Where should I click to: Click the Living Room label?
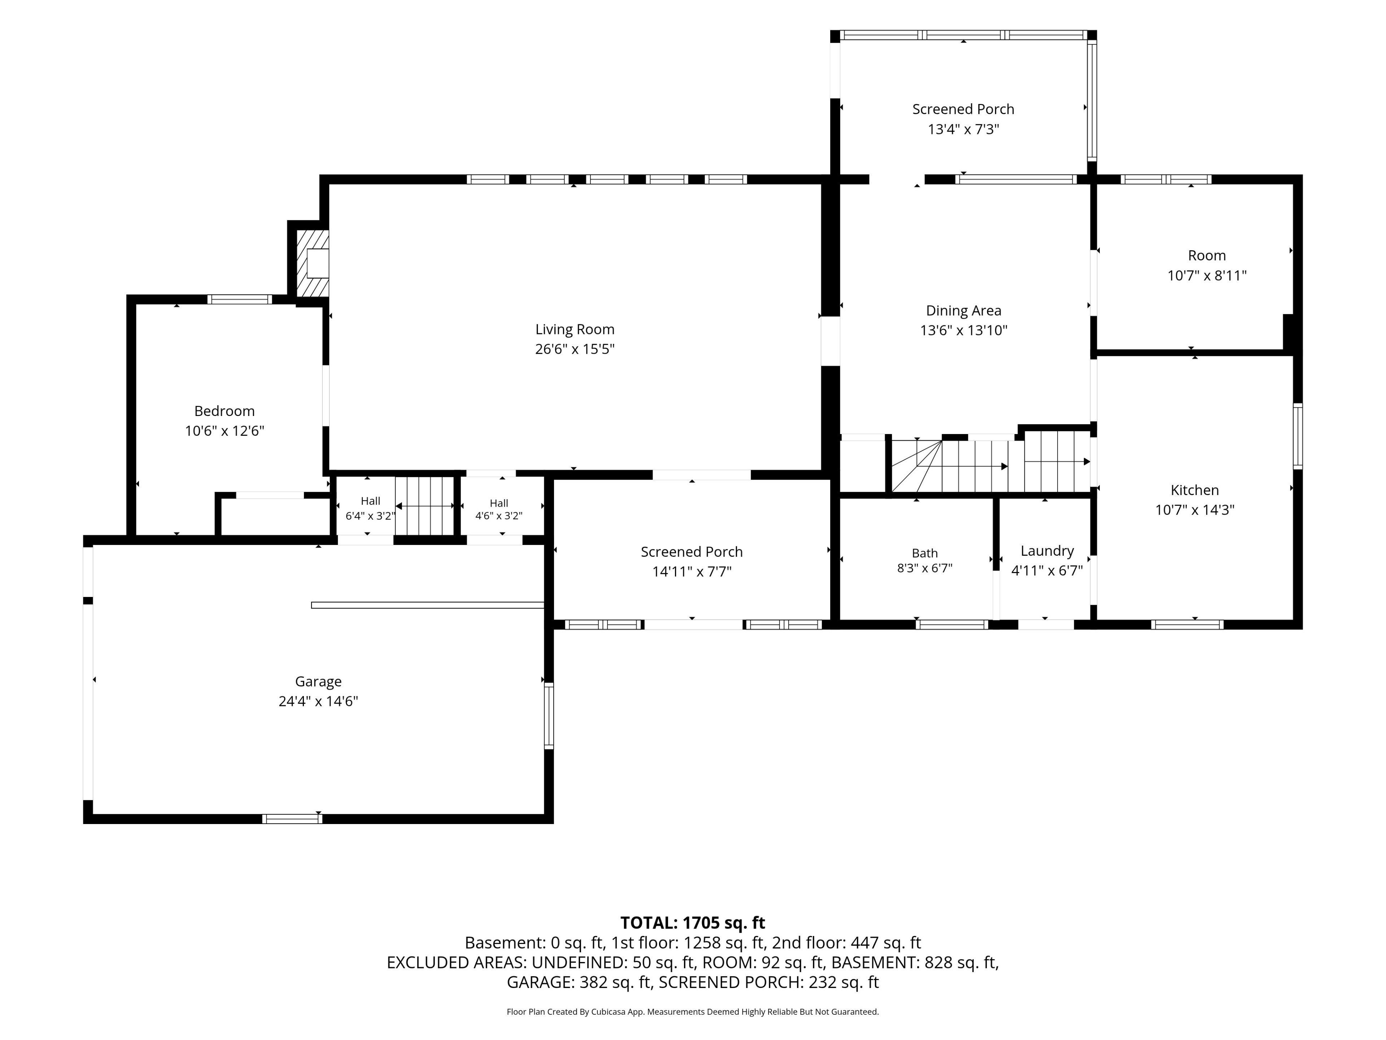(575, 329)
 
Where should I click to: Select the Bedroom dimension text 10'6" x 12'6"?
(224, 431)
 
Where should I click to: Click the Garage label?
(318, 681)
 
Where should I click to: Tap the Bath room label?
(925, 553)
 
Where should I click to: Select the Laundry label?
(1047, 550)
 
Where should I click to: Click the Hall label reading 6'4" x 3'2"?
(370, 508)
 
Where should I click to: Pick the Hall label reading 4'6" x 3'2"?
(499, 509)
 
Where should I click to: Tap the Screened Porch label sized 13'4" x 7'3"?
(963, 118)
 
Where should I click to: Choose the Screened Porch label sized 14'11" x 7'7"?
(692, 561)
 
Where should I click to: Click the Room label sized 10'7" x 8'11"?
(1207, 265)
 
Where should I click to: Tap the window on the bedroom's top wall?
(240, 299)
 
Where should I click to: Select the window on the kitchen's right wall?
(1298, 436)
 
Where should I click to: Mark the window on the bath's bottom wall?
(952, 624)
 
